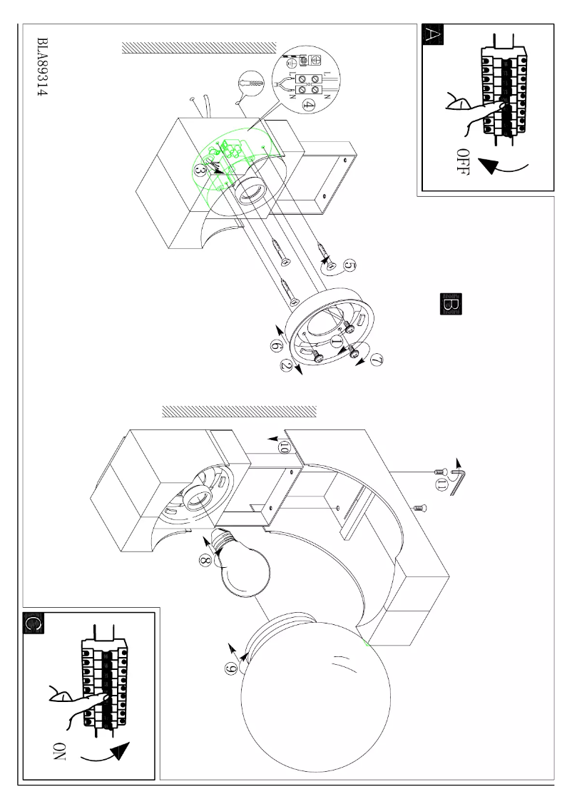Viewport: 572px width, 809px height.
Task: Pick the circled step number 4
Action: tap(309, 105)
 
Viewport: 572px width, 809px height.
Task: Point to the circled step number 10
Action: tap(284, 447)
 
